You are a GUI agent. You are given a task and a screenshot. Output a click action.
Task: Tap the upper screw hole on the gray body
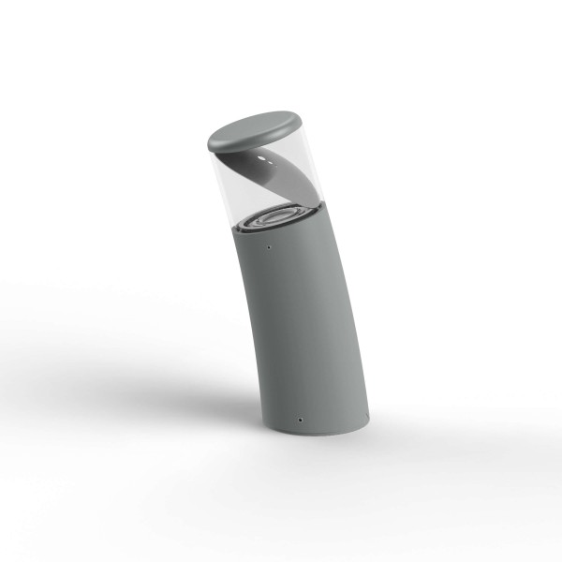coord(270,248)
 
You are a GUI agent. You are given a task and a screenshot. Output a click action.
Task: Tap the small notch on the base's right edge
coord(366,412)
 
